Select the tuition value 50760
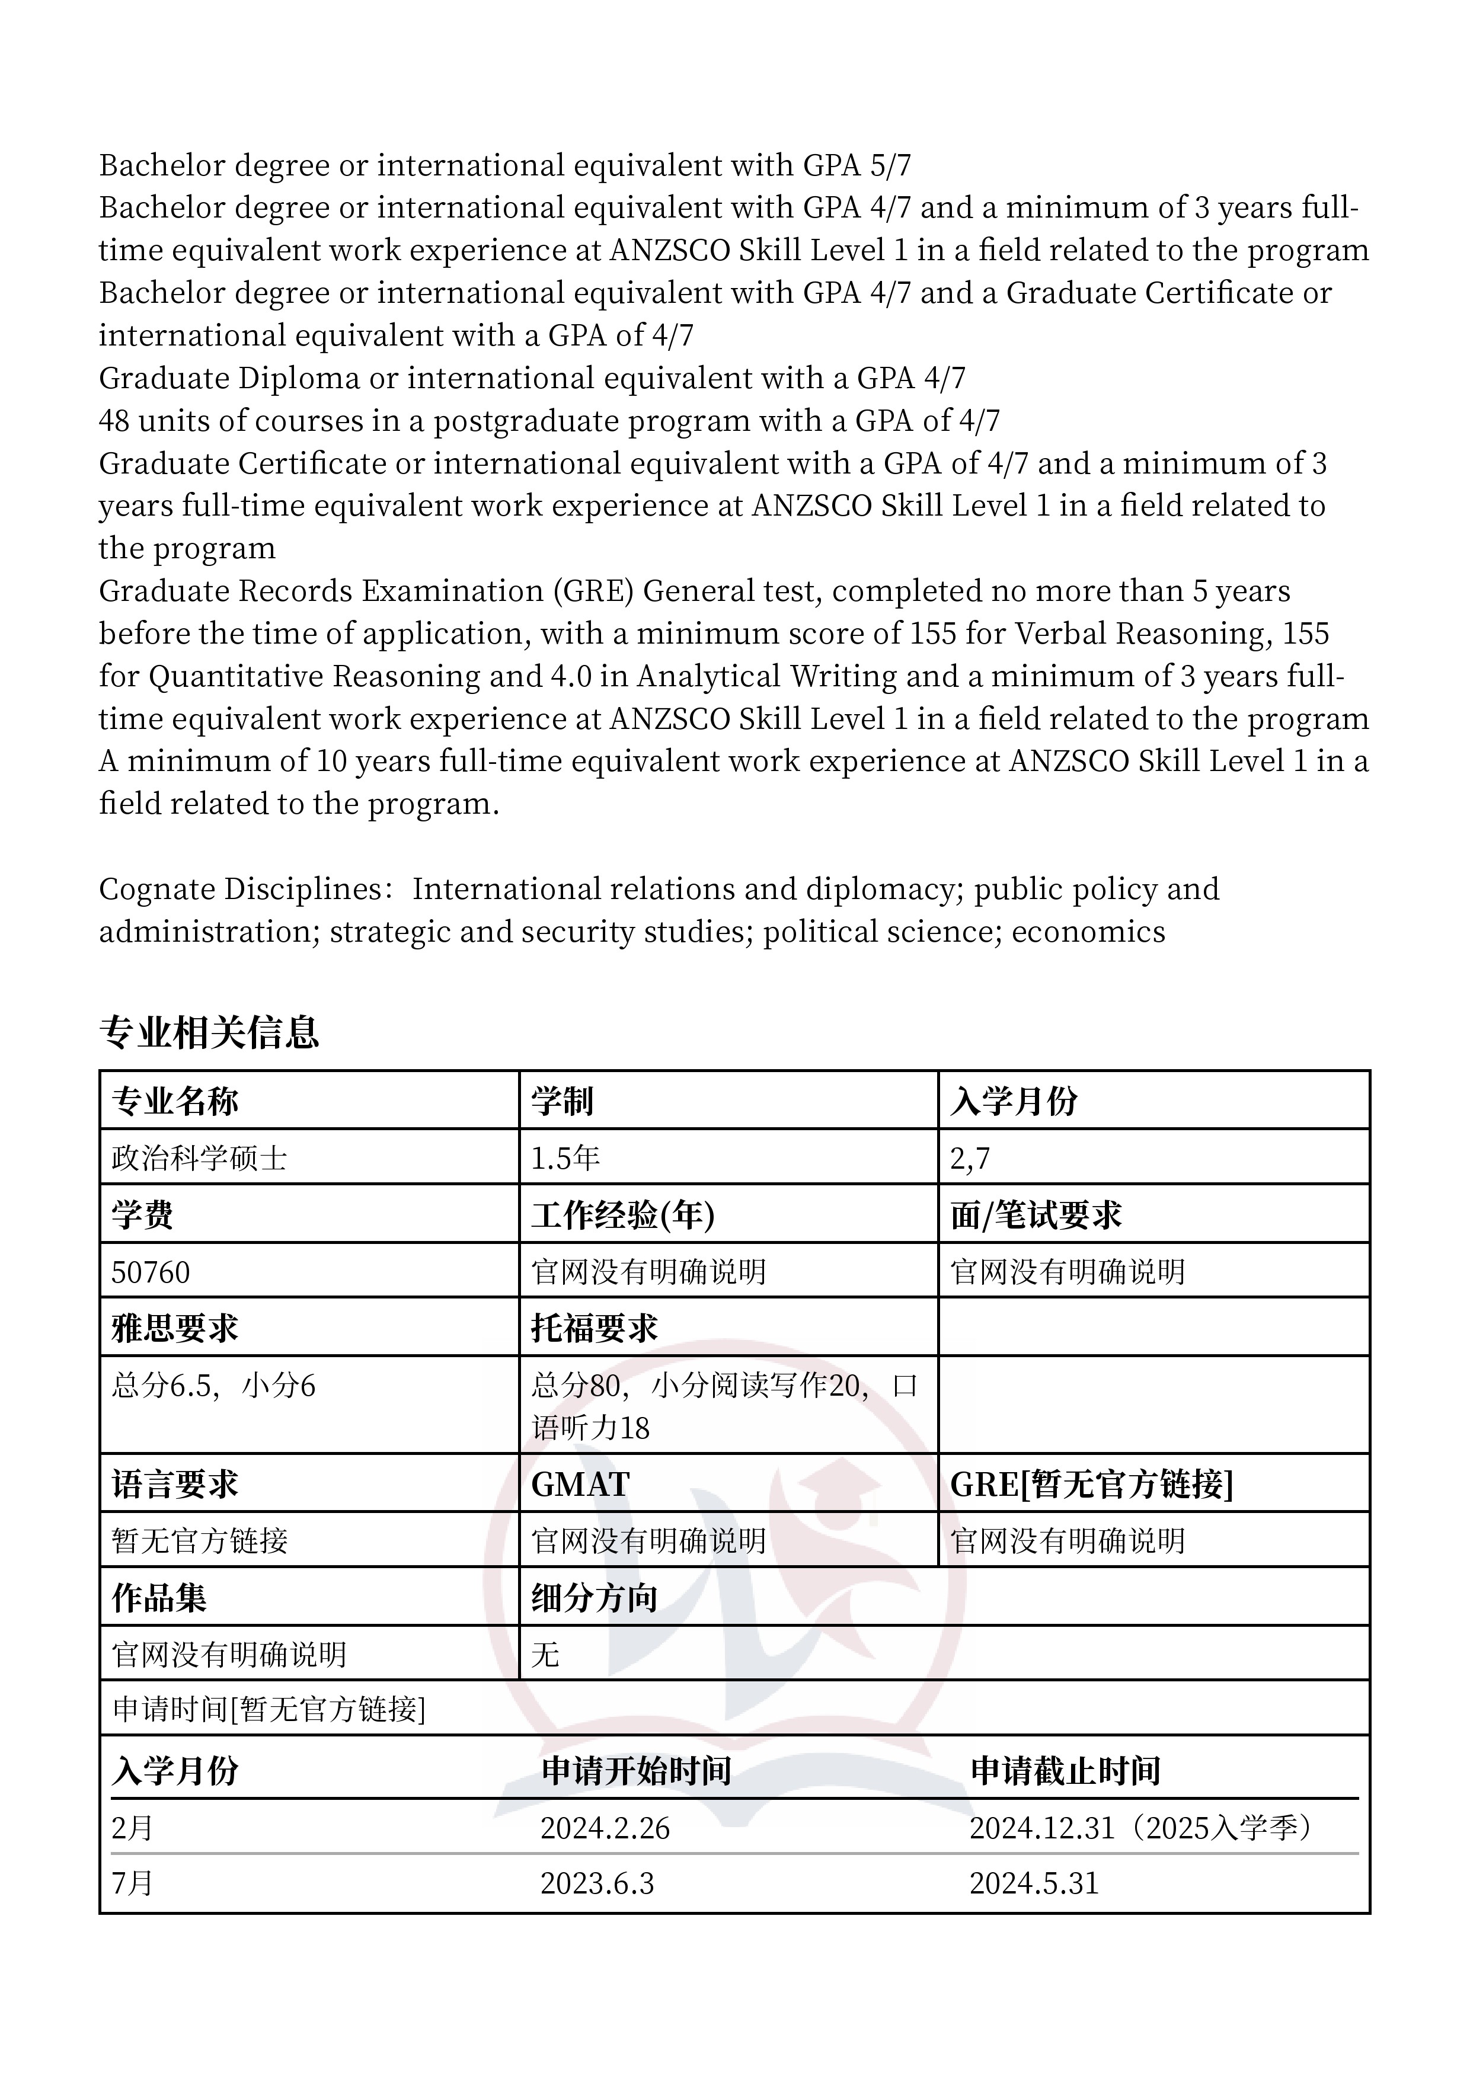[151, 1272]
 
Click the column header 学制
[561, 1101]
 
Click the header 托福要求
[594, 1328]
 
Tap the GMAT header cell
[580, 1484]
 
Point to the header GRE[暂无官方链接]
[1091, 1484]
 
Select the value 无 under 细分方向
[545, 1655]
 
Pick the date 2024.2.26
[605, 1828]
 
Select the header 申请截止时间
[1065, 1770]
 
